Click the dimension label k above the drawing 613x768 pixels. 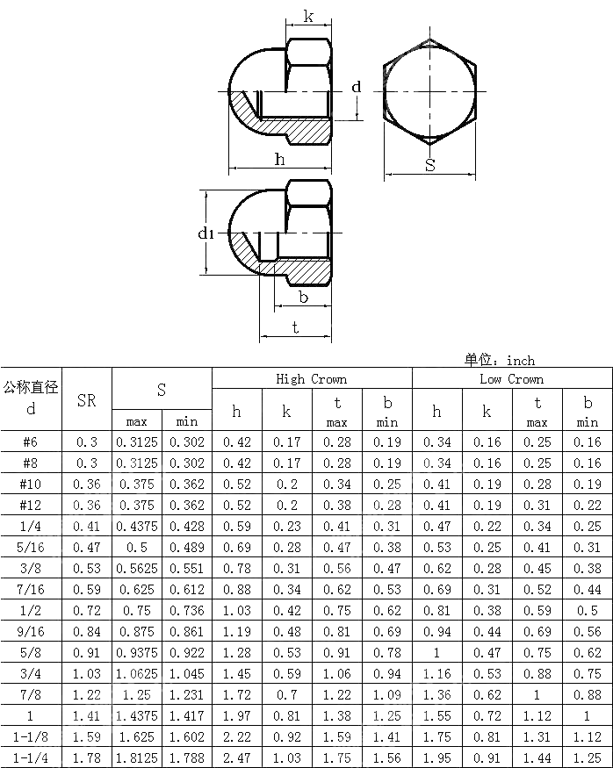(x=308, y=17)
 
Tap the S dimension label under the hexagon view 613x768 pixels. (x=430, y=165)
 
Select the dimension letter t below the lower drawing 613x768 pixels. (x=295, y=327)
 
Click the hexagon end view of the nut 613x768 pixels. (x=430, y=91)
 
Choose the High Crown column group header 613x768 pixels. (x=312, y=379)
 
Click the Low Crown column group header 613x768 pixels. (x=512, y=379)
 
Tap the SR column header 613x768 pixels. (x=87, y=400)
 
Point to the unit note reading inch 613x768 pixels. (x=500, y=360)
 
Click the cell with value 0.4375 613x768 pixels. (x=137, y=527)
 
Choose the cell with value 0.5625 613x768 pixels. (x=137, y=569)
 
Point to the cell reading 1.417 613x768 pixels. (x=187, y=716)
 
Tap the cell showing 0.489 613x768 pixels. (x=187, y=548)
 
